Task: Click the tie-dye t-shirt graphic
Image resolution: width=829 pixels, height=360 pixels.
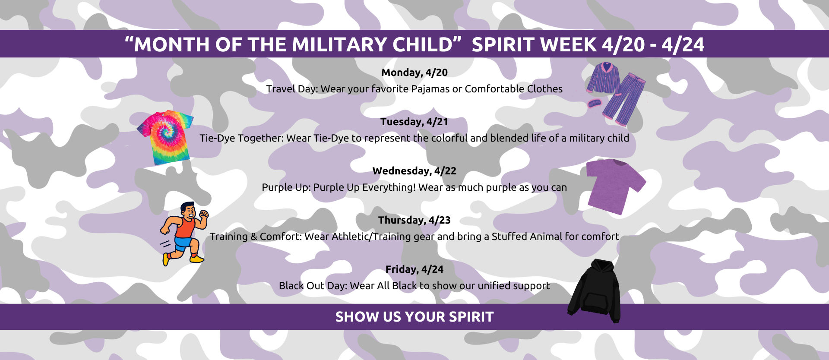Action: [x=165, y=137]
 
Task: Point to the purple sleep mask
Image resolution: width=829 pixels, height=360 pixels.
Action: [x=594, y=103]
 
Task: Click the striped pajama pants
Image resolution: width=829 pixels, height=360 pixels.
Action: [x=626, y=99]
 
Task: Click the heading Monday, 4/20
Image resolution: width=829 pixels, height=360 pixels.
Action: [x=414, y=73]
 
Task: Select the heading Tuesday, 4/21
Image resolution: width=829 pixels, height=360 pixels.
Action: [x=414, y=122]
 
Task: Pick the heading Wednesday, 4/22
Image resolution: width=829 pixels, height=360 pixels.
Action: [x=414, y=171]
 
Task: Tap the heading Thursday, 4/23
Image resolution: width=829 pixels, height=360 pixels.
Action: [x=414, y=220]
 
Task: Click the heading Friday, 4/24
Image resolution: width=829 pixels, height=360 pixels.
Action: [x=414, y=269]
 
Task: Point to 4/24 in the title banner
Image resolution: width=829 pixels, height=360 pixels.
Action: [x=683, y=44]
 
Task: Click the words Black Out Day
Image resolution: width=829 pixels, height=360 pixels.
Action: [x=313, y=286]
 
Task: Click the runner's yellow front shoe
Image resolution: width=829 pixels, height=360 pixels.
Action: [x=196, y=259]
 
